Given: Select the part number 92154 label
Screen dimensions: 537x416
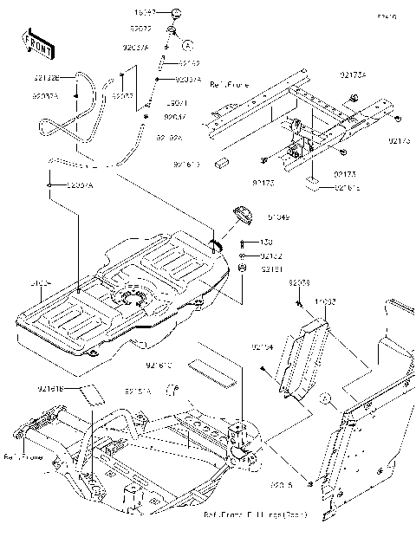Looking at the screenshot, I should [x=263, y=346].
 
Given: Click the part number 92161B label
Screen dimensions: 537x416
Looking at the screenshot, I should [x=50, y=390].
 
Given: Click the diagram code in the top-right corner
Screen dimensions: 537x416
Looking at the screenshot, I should [x=386, y=16].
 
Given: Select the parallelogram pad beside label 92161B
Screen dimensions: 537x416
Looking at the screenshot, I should [x=94, y=393].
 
